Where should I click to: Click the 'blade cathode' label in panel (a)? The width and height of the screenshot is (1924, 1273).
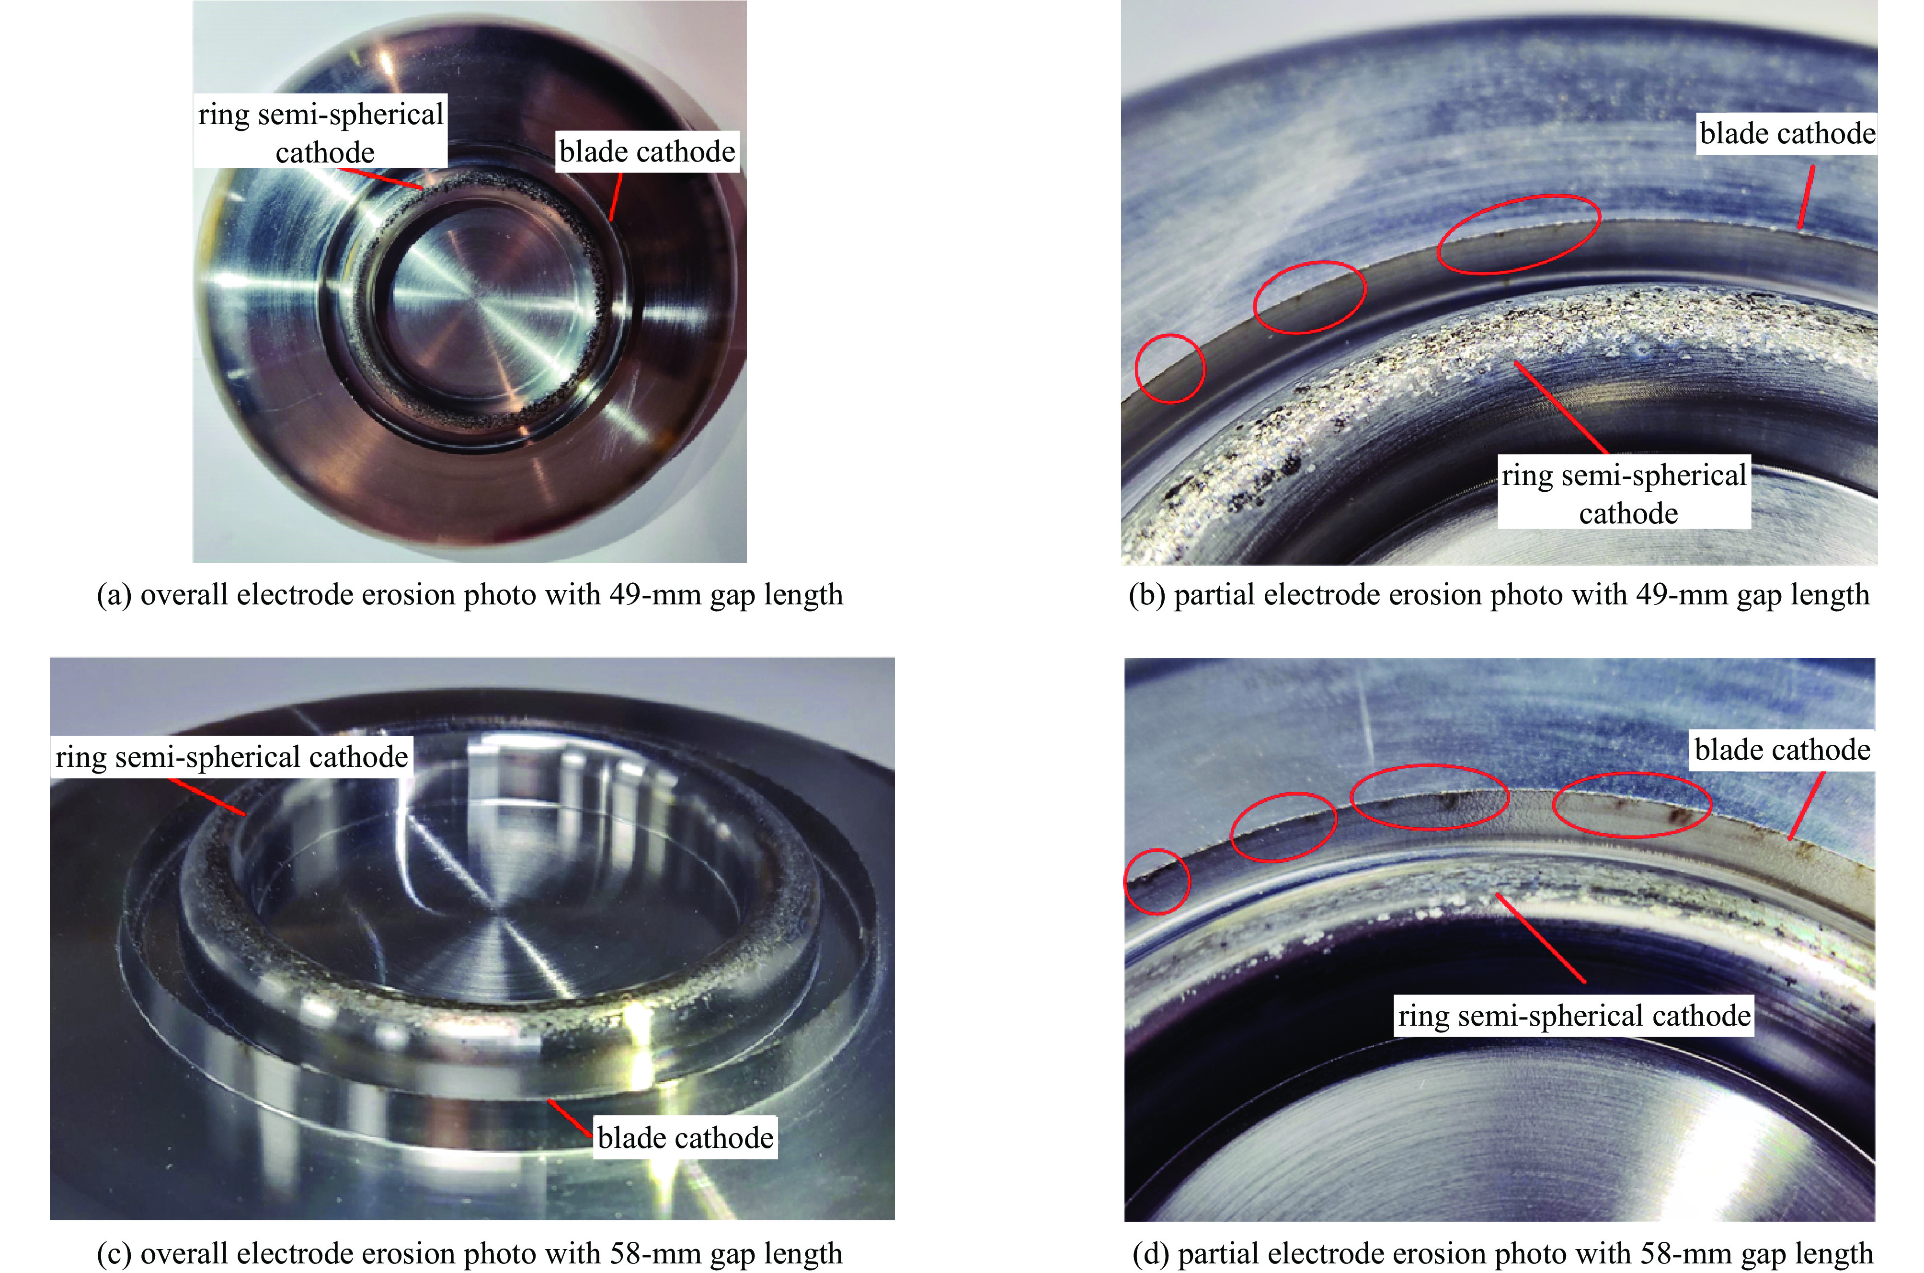(x=647, y=152)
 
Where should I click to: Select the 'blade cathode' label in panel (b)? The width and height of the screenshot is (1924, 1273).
(x=1787, y=133)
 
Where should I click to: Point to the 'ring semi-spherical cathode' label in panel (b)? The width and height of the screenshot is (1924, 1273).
(x=1624, y=494)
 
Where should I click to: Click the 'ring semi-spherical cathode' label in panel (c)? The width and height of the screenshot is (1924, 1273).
(x=231, y=757)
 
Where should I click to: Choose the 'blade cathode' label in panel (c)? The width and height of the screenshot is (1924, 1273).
(x=686, y=1137)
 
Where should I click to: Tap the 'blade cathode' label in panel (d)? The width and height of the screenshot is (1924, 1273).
(x=1783, y=749)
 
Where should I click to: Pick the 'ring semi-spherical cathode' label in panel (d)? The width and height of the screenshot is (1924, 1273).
(x=1574, y=1016)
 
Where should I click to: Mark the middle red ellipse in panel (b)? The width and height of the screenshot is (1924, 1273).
(x=1310, y=297)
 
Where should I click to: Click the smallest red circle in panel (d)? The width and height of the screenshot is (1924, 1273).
(x=1157, y=881)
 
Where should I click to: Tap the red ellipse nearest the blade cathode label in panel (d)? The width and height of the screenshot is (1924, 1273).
(x=1632, y=805)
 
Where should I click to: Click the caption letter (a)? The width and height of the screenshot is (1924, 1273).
(x=114, y=595)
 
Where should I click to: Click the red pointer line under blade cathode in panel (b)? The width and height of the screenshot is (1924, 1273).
(x=1806, y=197)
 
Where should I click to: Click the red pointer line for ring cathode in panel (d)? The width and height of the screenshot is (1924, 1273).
(x=1540, y=937)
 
